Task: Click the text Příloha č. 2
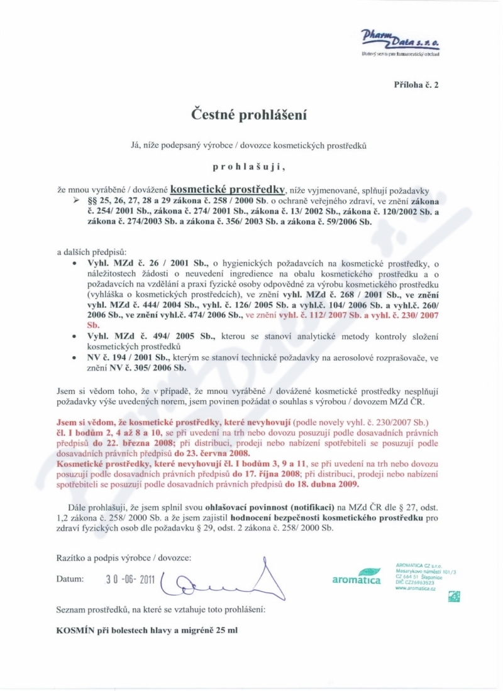[416, 84]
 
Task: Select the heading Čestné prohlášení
[251, 115]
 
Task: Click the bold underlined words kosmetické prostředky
[229, 188]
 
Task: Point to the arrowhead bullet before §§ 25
[76, 199]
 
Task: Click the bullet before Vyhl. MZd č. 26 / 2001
[75, 266]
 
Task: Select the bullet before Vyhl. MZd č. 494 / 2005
[75, 337]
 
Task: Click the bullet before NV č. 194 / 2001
[75, 357]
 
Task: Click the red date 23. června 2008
[214, 453]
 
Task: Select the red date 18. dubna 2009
[323, 485]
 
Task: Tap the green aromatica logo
[357, 577]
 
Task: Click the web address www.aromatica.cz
[416, 588]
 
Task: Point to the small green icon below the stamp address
[453, 597]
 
